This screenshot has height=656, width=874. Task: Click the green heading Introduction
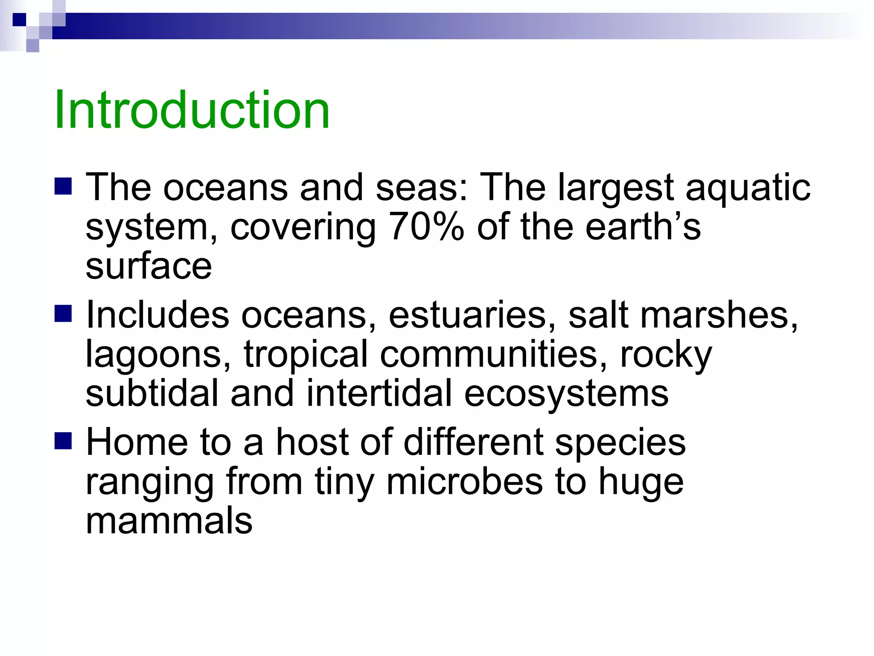tap(192, 110)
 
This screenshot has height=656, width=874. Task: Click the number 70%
tap(426, 227)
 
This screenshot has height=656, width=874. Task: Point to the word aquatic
tap(748, 188)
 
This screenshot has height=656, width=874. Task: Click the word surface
tap(149, 266)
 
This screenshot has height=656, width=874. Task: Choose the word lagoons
tap(158, 355)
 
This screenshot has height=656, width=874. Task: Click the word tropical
tap(306, 354)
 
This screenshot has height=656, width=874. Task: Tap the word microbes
tap(465, 481)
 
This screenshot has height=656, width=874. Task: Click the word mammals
tap(169, 521)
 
